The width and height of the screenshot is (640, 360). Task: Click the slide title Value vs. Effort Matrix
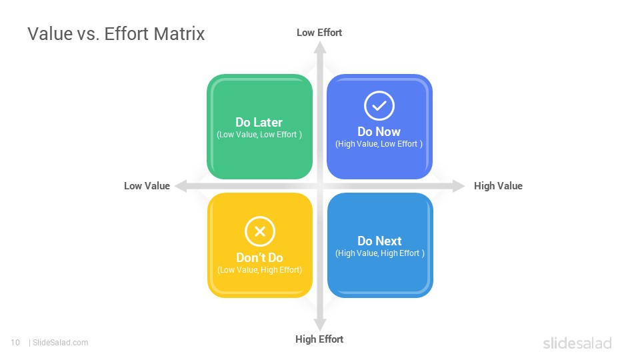point(116,34)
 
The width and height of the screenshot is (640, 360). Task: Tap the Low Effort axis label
point(319,33)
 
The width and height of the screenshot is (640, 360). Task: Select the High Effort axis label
point(319,339)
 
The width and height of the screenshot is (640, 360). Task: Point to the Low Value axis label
point(147,186)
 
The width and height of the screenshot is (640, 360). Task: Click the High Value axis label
point(498,186)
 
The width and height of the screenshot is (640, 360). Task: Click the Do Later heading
point(259,123)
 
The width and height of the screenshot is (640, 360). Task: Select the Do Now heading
point(379,132)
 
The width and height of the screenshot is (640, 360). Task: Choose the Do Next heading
point(379,241)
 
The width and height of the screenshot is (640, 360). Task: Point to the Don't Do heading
point(259,257)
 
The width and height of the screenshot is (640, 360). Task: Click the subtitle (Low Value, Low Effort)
point(259,135)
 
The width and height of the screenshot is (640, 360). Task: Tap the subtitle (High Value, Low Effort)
point(379,144)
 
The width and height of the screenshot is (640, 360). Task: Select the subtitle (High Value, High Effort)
point(379,253)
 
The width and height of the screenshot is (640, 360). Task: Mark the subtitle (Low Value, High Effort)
point(259,270)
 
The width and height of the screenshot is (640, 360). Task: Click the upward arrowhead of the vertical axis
point(320,47)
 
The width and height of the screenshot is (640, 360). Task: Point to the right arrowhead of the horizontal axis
point(459,186)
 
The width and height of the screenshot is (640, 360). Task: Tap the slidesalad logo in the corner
point(577,343)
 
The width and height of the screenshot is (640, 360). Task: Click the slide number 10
point(15,343)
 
